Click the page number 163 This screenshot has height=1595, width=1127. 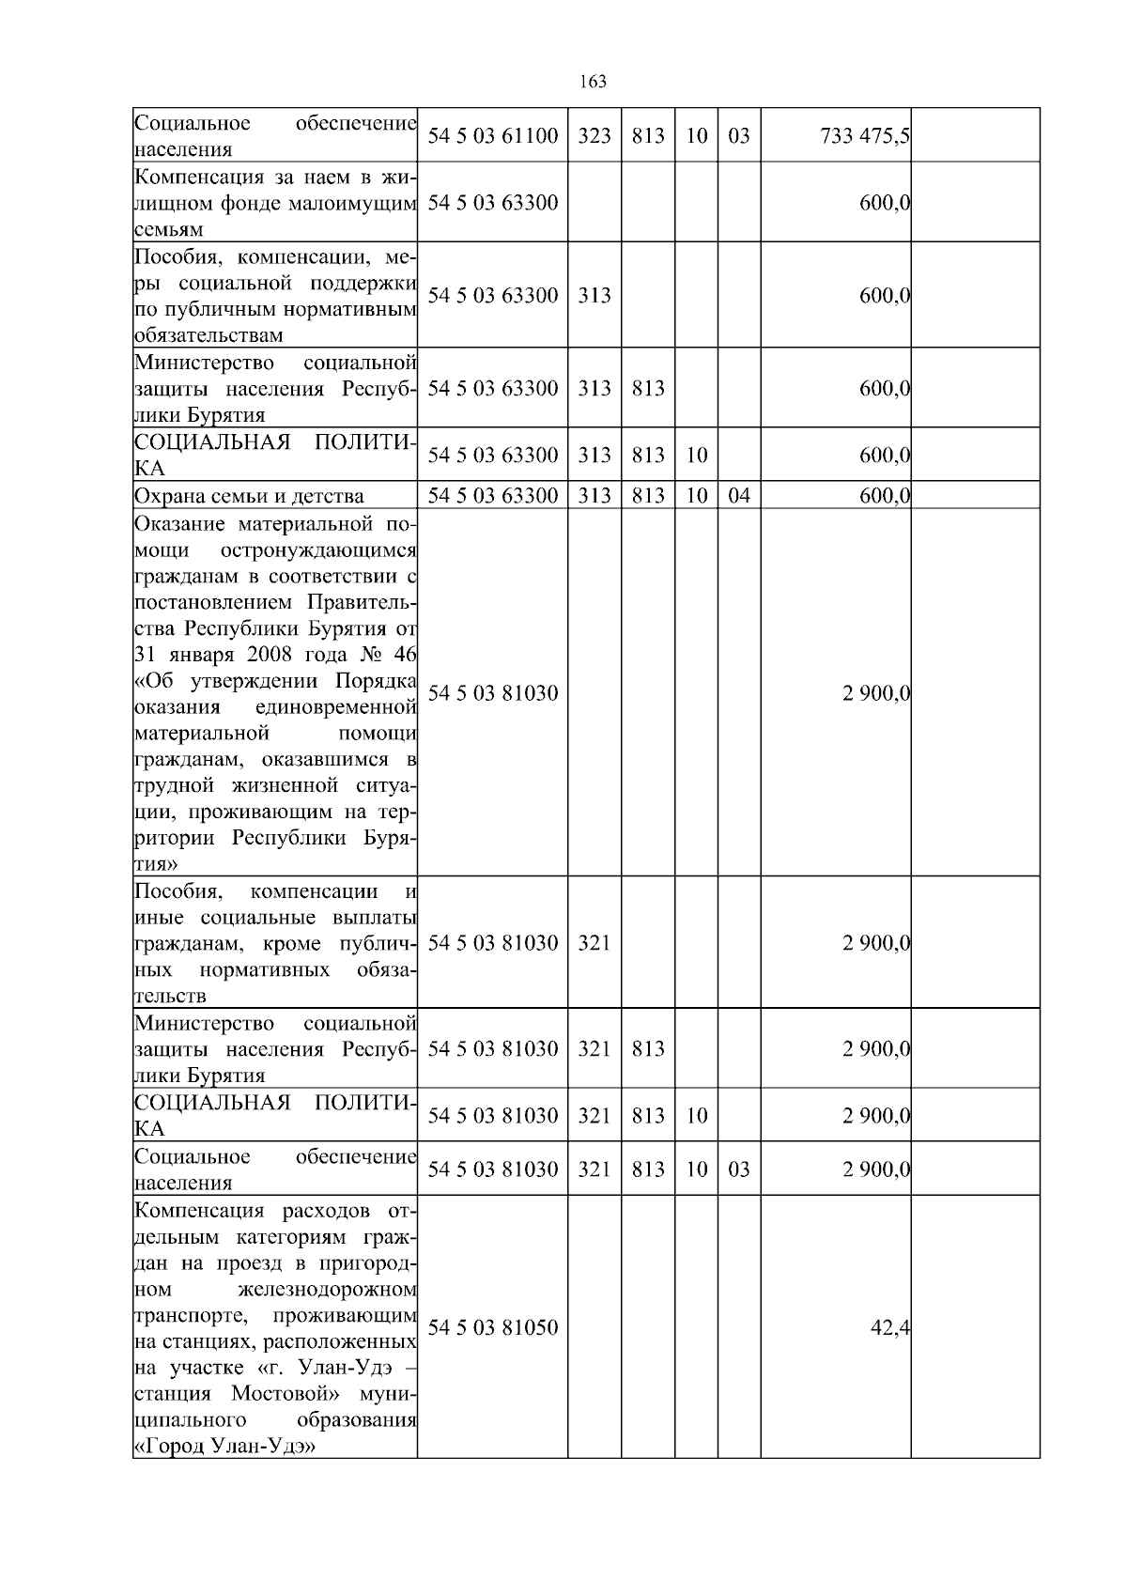[x=593, y=82]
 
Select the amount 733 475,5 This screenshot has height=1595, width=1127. [x=864, y=136]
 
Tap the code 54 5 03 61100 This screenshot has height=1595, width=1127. [x=492, y=136]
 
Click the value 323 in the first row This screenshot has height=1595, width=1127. [x=594, y=136]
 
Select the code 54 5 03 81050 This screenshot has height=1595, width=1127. [x=492, y=1327]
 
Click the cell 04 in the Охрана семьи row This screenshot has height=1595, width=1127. [x=739, y=495]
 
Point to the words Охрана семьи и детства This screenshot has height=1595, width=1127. [x=249, y=496]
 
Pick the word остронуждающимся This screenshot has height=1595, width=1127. [x=319, y=550]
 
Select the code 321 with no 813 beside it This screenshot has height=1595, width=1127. [x=594, y=943]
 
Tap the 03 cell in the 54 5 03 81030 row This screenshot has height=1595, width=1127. [x=739, y=1169]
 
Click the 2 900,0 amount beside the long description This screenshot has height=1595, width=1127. [x=876, y=693]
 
